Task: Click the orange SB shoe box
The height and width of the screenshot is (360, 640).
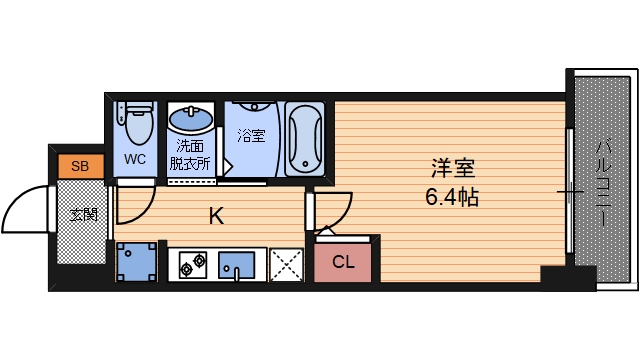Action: [x=78, y=166]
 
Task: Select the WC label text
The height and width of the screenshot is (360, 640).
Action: [x=135, y=159]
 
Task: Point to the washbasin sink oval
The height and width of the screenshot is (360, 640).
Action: [x=190, y=121]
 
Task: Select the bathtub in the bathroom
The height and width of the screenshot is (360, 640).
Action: [x=304, y=139]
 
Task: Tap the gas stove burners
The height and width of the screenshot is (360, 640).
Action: [x=191, y=264]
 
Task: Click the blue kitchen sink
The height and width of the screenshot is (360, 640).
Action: [x=238, y=264]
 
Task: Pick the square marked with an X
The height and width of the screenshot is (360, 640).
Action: [x=286, y=264]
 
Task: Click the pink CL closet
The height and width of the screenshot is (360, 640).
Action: [x=343, y=263]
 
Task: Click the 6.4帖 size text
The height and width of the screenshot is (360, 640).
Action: [x=451, y=197]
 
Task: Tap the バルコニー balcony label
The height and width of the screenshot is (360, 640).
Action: [x=607, y=178]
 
